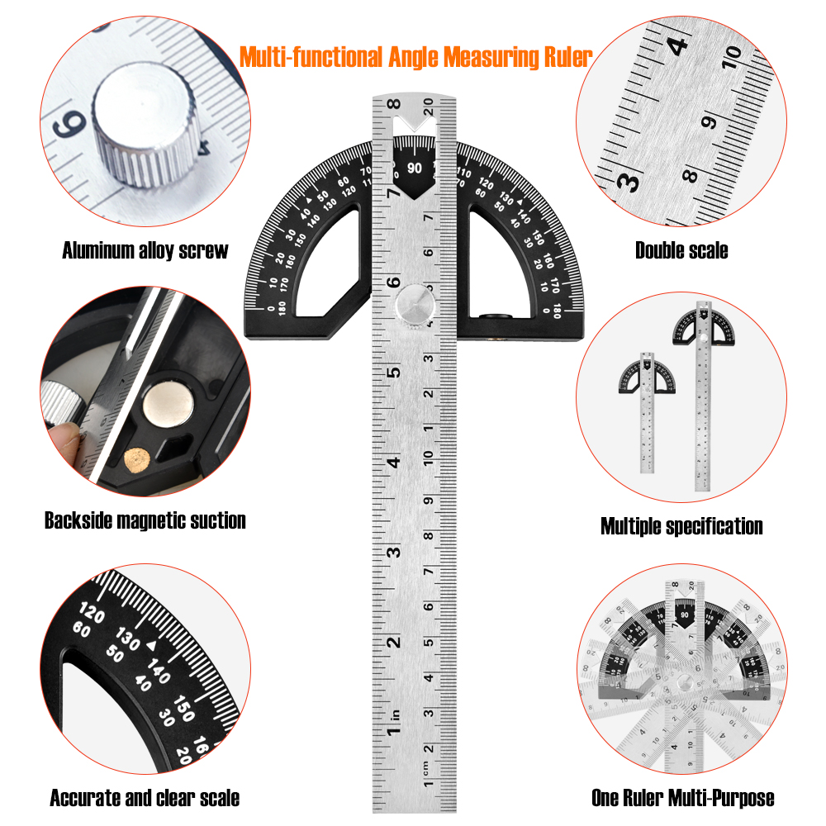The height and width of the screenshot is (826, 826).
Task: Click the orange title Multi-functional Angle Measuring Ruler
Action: tap(415, 58)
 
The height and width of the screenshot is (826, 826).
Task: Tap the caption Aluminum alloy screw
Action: tap(145, 250)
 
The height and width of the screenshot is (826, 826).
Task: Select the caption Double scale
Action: tap(681, 250)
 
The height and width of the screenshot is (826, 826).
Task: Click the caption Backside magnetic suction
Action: tap(145, 520)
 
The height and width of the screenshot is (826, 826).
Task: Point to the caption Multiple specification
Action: tap(681, 526)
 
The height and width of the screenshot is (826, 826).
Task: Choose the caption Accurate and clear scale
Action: tap(145, 798)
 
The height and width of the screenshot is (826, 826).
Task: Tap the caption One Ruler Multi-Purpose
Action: tap(683, 798)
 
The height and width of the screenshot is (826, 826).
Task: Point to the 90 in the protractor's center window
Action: tap(415, 168)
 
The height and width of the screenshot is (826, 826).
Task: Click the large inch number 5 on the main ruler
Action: tap(393, 372)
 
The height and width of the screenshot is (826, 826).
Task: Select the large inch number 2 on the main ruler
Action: tap(393, 642)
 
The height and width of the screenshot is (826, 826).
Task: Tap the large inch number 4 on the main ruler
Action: tap(393, 463)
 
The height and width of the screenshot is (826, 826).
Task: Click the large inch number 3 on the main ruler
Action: tap(393, 553)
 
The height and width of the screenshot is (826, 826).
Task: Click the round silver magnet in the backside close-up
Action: tap(168, 405)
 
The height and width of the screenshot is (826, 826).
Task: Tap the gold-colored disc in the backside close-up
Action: tap(137, 460)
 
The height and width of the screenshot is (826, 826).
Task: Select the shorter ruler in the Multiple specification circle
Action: tap(647, 413)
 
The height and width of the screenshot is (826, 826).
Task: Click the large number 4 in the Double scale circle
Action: tap(677, 45)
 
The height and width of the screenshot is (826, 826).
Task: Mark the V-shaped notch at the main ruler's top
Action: tap(415, 125)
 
